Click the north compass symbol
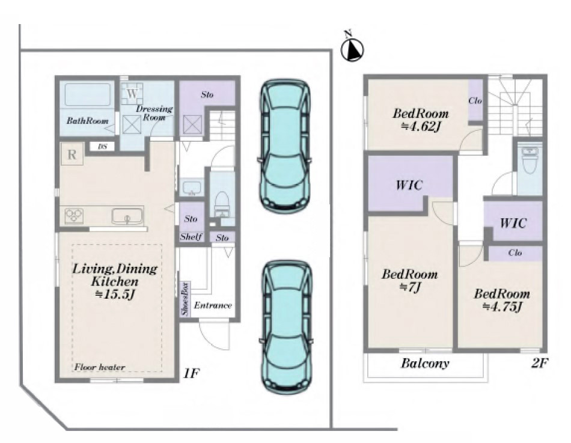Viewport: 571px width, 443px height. pos(352,49)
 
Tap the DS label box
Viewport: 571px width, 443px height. pos(103,147)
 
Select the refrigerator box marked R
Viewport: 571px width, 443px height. pos(72,154)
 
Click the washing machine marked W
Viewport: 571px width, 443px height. pos(132,94)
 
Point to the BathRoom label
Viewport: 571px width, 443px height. pos(87,121)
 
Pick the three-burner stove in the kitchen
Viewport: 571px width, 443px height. pos(74,216)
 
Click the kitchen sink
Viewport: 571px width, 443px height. pos(127,216)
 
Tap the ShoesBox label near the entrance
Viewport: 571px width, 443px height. pos(185,299)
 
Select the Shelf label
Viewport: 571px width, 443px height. pos(191,237)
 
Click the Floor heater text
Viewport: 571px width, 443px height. pos(100,367)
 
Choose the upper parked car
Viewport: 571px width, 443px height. pos(285,145)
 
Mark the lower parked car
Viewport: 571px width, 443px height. pos(286,327)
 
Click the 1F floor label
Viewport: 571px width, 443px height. pos(191,373)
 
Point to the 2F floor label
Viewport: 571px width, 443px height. pos(539,362)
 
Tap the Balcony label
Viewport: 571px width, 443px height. pos(425,363)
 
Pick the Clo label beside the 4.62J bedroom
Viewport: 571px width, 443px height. pos(475,100)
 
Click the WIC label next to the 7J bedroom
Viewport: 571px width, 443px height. pos(409,185)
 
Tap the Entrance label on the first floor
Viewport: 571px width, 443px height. pos(213,305)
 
